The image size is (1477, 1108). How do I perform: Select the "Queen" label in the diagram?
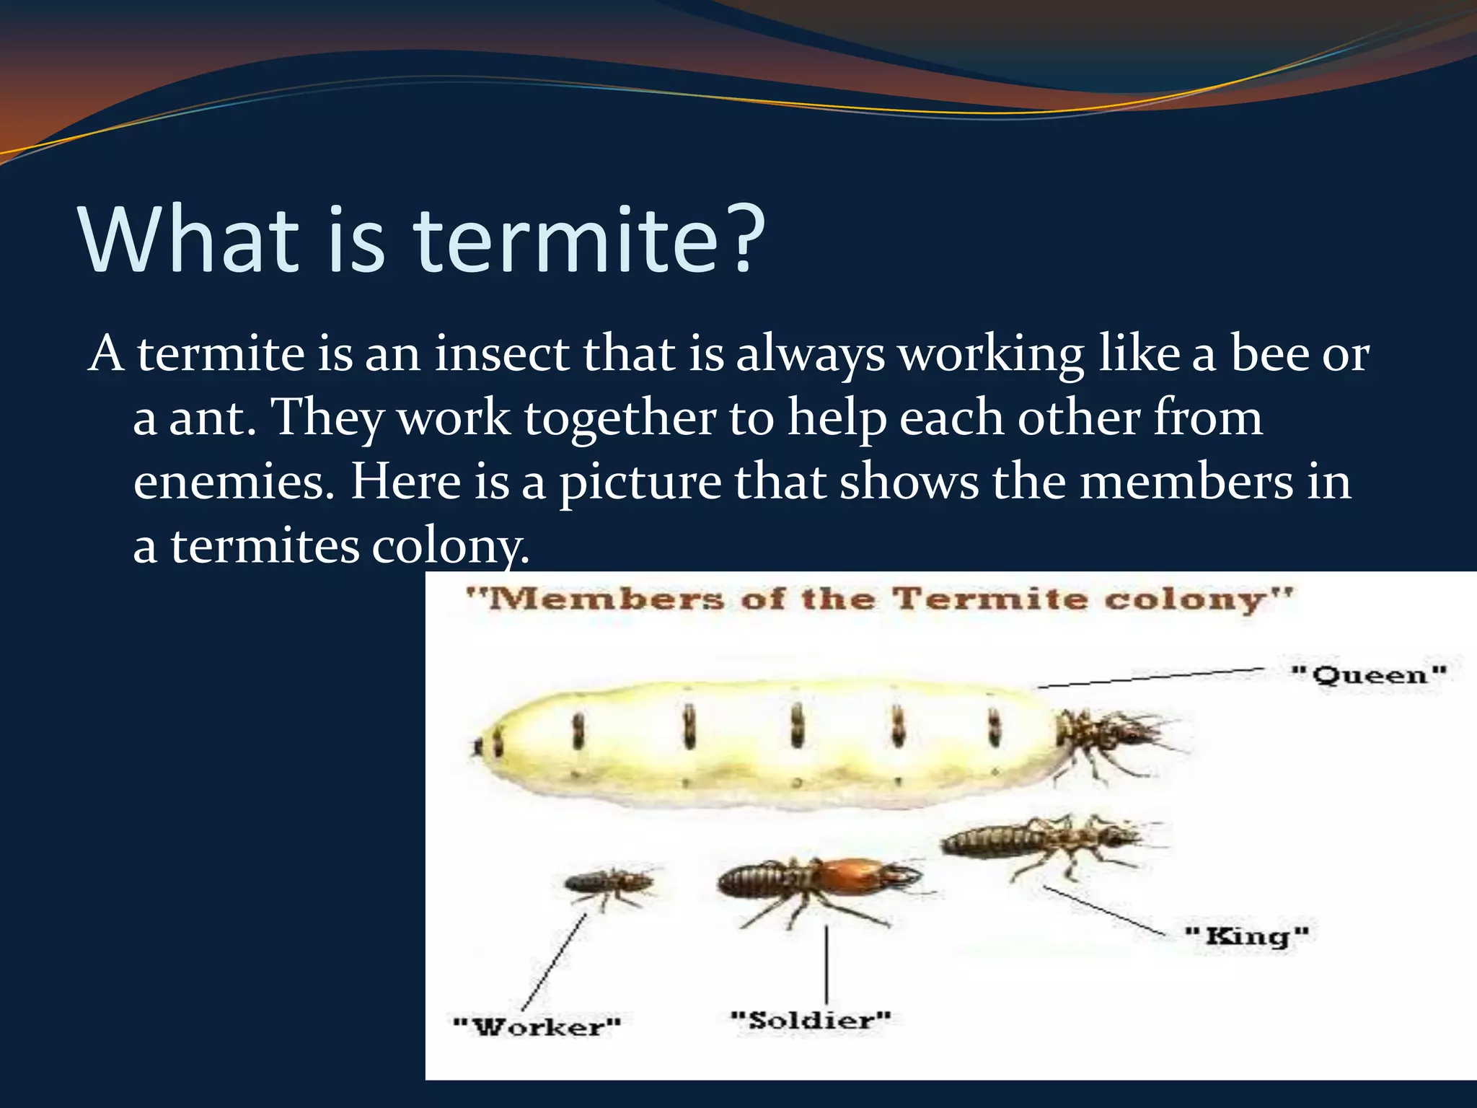pos(1369,676)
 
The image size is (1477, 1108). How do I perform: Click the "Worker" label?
pos(537,1026)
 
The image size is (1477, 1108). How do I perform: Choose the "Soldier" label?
pos(811,1020)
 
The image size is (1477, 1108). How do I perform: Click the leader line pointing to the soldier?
pos(826,965)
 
